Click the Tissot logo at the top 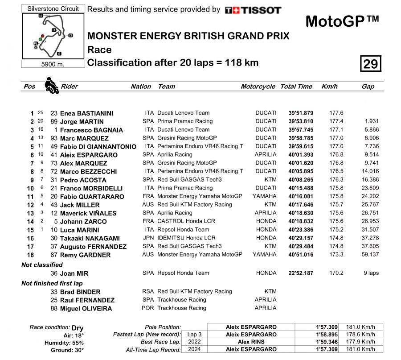253,10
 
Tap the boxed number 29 370,64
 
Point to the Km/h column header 329,87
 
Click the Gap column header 368,87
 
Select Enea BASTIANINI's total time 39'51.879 301,113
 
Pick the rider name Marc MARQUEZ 84,138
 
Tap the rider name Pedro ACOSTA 83,180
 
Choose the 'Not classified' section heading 42,265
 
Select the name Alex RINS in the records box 251,342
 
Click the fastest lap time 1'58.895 326,335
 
